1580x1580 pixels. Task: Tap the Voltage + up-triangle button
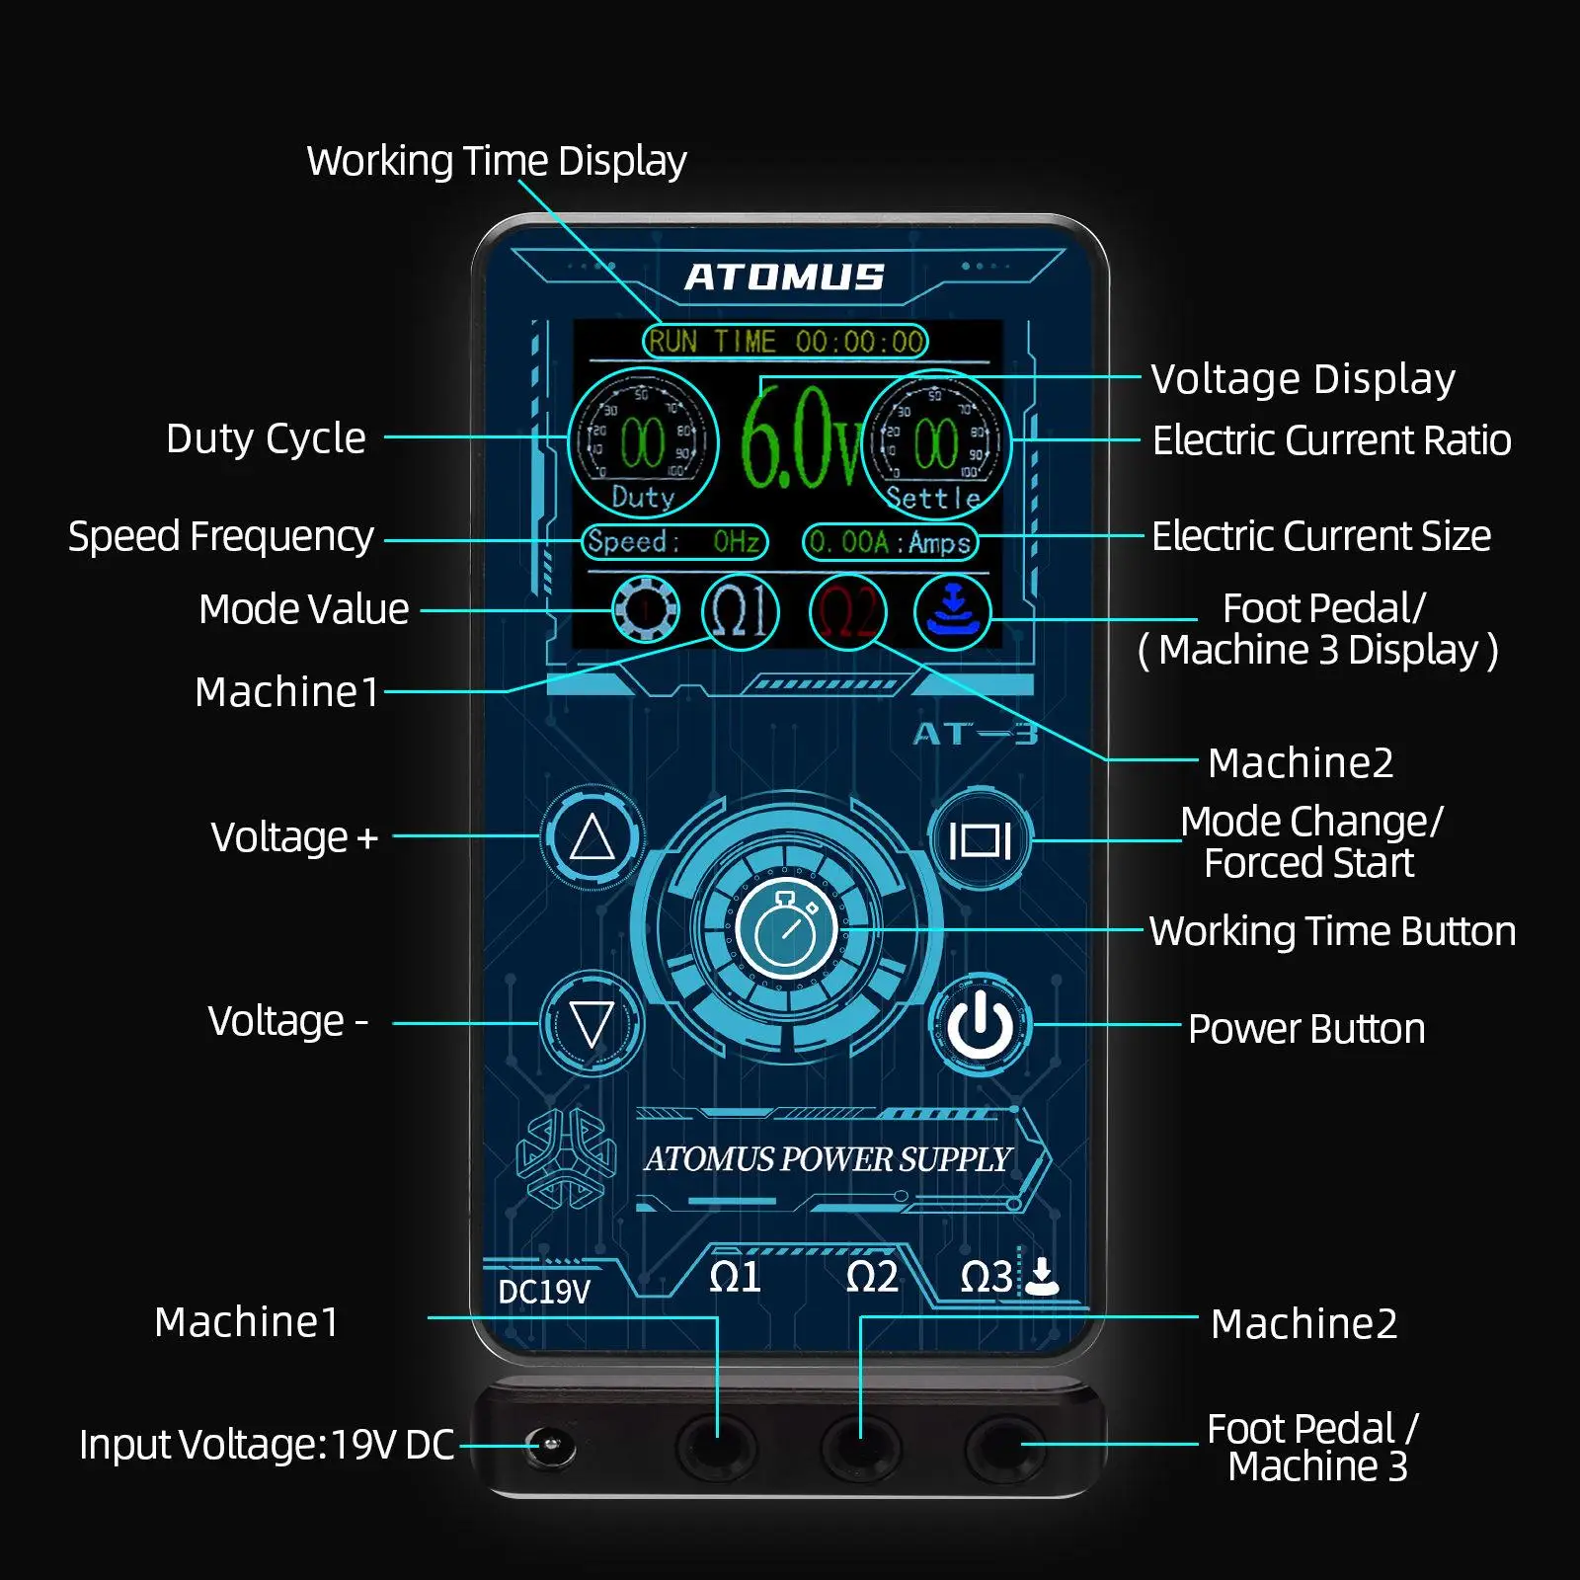tap(592, 836)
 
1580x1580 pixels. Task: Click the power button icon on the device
tap(980, 1026)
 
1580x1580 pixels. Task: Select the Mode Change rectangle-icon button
tap(980, 840)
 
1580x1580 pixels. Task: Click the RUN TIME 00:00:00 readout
tap(785, 342)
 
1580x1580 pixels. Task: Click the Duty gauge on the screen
tap(643, 442)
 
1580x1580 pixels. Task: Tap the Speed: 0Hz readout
tap(674, 542)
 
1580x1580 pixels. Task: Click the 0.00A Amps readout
tap(890, 542)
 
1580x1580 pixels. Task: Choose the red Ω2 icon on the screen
tap(847, 611)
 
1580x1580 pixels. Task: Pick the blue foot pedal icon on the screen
tap(952, 612)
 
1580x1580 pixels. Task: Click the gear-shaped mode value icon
tap(645, 610)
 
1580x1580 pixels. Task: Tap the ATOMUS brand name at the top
tap(785, 277)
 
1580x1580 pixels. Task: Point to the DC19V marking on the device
tap(544, 1292)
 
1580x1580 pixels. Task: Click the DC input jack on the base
tap(548, 1448)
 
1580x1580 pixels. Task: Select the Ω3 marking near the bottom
tap(986, 1277)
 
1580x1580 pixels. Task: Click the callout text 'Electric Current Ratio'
tap(1331, 440)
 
